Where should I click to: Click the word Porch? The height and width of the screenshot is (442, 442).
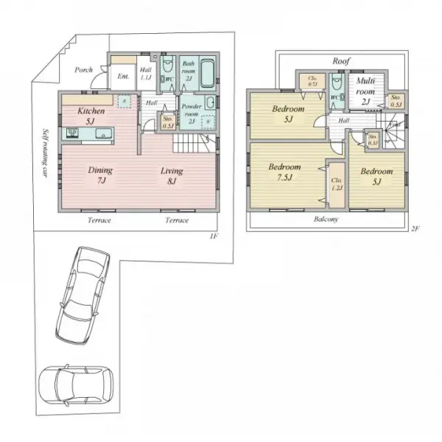(83, 70)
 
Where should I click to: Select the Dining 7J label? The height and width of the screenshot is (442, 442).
(101, 175)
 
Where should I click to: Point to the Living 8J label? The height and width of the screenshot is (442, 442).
(172, 175)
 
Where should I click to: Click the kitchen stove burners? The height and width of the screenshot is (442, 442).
(74, 133)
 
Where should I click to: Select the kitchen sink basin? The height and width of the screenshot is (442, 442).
(102, 134)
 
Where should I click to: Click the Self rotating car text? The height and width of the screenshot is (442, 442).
(45, 155)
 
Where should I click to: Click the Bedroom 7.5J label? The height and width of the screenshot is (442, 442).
(284, 171)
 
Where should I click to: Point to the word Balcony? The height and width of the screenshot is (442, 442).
(324, 220)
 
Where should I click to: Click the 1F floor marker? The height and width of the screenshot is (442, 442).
(213, 236)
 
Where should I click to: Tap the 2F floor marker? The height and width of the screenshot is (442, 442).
(415, 230)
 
